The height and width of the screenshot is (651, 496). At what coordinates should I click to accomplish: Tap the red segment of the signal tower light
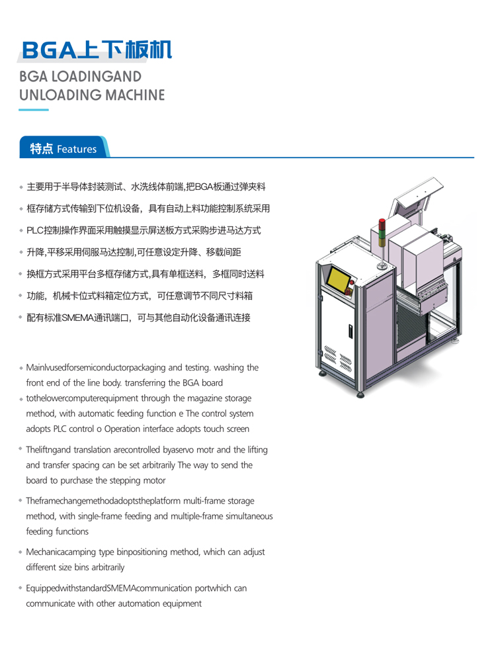click(382, 224)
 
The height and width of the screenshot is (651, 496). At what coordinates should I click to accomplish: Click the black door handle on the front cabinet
click(350, 331)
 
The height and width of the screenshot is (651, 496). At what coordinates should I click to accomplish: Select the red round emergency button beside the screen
click(352, 282)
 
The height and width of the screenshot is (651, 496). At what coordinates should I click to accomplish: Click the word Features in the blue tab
click(77, 149)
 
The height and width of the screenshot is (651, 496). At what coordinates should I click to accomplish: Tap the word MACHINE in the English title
click(135, 95)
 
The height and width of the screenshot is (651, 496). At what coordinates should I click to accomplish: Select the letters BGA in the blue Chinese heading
click(49, 50)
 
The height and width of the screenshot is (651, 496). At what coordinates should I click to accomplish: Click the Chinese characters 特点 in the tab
click(42, 149)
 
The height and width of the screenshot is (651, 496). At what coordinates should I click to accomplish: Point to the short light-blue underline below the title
click(34, 110)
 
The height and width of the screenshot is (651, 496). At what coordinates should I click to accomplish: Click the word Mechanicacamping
click(61, 552)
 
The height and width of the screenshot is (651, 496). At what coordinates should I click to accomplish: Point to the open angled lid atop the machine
click(417, 197)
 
